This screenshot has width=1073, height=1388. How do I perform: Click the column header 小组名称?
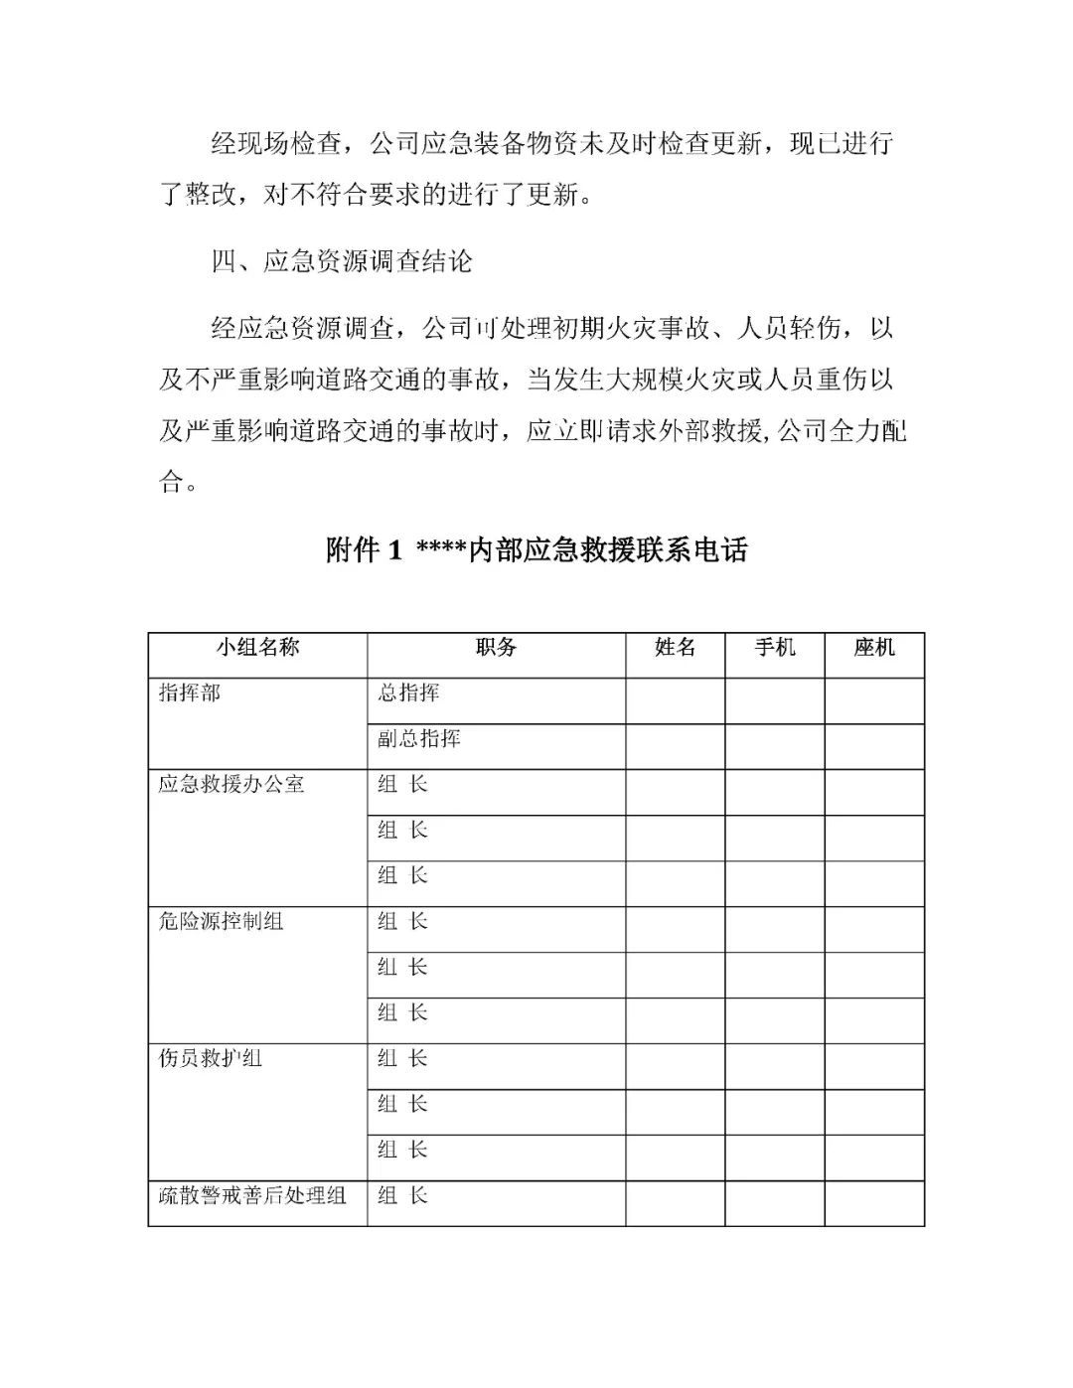click(257, 648)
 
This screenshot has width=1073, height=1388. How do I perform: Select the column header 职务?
click(496, 648)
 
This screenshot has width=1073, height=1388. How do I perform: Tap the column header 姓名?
click(675, 648)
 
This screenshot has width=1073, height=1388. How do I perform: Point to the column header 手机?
click(774, 648)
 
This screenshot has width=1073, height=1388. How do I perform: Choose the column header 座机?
click(873, 648)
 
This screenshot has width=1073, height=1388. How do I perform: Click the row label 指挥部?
click(189, 694)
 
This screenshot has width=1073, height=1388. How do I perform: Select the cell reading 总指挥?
click(408, 694)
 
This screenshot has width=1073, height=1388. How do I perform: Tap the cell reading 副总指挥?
click(418, 739)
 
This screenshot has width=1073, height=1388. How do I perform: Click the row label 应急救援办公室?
click(230, 785)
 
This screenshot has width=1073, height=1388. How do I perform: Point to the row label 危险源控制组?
click(221, 922)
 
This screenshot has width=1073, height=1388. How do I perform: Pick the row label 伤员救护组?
click(210, 1059)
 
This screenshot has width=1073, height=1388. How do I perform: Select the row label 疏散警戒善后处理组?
click(251, 1196)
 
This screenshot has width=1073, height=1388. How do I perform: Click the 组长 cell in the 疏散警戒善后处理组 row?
click(402, 1196)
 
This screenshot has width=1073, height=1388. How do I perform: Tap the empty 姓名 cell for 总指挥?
click(675, 700)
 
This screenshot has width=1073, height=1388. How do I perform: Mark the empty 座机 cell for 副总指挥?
click(873, 746)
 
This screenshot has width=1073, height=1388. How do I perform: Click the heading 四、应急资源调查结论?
click(342, 261)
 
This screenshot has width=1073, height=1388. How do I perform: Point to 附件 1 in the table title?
click(364, 549)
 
